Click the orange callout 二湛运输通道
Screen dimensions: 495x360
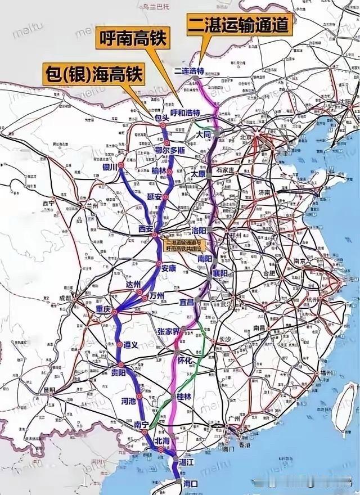(240, 25)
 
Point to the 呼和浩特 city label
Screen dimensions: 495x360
(185, 113)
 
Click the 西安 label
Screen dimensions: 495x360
(146, 229)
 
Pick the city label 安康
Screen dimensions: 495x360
(169, 268)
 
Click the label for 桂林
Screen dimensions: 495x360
(185, 396)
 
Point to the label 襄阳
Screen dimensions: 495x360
(220, 273)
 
